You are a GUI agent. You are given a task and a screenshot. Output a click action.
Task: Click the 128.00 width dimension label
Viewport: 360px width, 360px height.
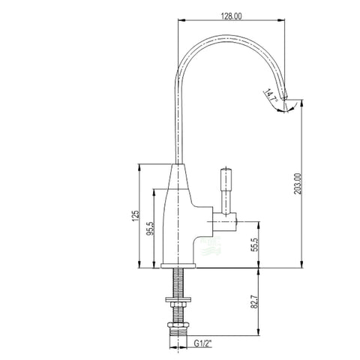[231, 16]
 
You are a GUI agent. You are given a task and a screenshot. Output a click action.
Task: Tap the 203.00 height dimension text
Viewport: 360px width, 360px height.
[298, 184]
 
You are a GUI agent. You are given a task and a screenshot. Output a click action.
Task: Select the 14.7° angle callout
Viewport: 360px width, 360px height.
[271, 95]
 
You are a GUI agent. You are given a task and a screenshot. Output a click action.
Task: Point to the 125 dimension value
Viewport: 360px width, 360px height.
[135, 215]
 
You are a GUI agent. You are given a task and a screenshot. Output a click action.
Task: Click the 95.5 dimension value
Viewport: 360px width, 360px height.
[151, 229]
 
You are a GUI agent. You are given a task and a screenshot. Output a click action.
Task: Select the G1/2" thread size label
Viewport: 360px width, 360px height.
[202, 343]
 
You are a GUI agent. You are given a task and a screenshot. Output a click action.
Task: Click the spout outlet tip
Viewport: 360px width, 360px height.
[285, 97]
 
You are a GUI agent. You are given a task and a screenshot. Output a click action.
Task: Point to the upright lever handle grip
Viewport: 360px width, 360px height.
[226, 180]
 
